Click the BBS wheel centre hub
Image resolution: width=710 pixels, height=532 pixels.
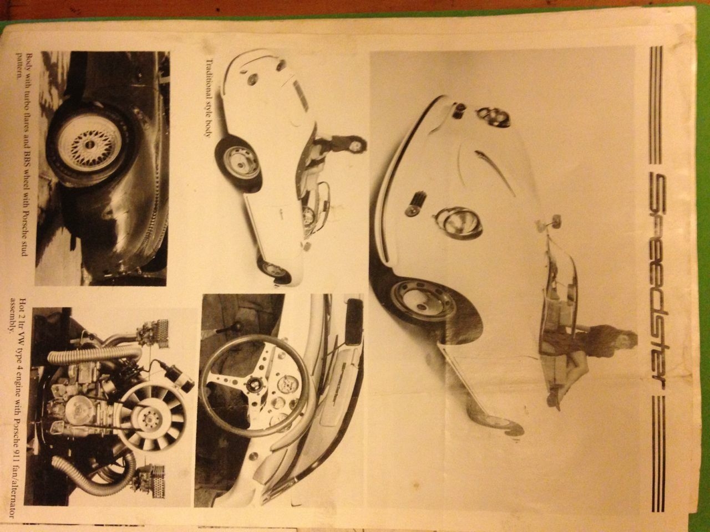pos(88,145)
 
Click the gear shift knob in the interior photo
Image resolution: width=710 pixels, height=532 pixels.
pos(235,327)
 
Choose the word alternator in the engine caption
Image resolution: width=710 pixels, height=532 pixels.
pos(20,492)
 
